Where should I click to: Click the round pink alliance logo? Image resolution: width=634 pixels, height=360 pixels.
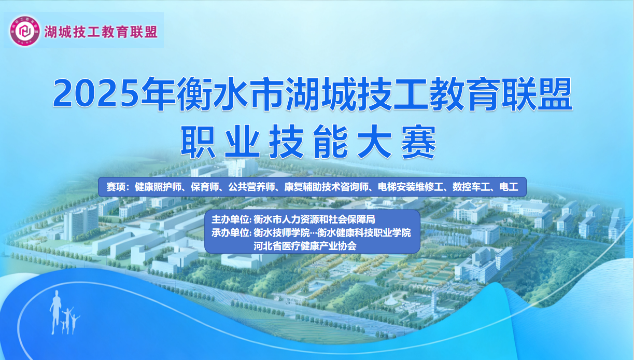coord(25,31)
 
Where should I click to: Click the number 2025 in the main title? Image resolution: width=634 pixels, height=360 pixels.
coord(96,93)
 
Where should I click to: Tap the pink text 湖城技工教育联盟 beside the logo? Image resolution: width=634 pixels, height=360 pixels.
coord(101,32)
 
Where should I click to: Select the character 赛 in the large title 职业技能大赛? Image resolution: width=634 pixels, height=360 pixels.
coord(418,141)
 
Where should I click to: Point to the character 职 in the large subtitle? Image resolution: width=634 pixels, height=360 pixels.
coord(198,141)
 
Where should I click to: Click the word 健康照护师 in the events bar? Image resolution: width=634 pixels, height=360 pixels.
coord(158,187)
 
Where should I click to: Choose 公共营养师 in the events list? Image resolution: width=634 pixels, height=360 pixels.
coord(251,187)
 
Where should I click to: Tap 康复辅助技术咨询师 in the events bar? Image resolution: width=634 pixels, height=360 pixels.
coord(327,187)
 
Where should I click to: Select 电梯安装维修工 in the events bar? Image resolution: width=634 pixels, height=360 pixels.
coord(411,187)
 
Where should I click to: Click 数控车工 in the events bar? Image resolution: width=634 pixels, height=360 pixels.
coord(471,187)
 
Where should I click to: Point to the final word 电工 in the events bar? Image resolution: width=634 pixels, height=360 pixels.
coord(509,187)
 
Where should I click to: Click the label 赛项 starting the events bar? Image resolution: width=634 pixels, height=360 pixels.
coord(116,187)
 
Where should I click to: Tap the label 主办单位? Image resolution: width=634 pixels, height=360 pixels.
coord(230,219)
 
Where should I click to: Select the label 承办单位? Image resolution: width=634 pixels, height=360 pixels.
coord(230,233)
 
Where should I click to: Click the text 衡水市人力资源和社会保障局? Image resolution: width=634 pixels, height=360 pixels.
coord(314,219)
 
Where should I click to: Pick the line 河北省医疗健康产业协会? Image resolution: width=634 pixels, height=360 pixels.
coord(305,246)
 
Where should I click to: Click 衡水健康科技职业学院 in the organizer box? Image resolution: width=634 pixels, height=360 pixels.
coord(364,233)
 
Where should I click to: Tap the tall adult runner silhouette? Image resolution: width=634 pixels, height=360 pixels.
coord(56,312)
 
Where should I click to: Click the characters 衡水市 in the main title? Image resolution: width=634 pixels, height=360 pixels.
coord(230,93)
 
